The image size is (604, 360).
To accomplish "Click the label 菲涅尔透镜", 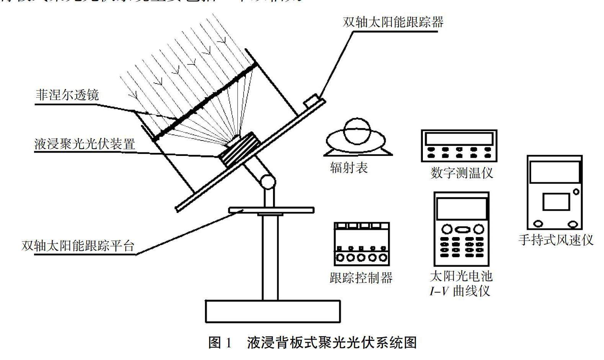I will (67, 94).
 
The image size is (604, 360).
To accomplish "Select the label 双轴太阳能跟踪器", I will (393, 22).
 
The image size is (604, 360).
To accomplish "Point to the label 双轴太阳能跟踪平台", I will (78, 245).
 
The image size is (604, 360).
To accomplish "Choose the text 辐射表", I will (349, 168).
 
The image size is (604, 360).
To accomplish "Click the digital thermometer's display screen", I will (459, 138).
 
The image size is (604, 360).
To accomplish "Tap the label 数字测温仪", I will (462, 173).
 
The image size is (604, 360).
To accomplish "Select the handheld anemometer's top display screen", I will (554, 172).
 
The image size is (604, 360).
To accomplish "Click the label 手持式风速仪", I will (555, 240).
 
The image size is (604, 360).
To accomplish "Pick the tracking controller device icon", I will (362, 244).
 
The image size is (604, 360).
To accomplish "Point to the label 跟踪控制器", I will (361, 278).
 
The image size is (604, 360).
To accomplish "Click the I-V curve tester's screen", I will (461, 209).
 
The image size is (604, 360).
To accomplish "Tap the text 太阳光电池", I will (461, 276).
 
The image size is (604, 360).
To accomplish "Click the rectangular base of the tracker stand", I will (273, 311).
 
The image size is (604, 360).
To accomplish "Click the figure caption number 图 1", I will (220, 342).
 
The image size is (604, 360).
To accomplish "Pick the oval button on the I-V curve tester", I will (462, 229).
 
